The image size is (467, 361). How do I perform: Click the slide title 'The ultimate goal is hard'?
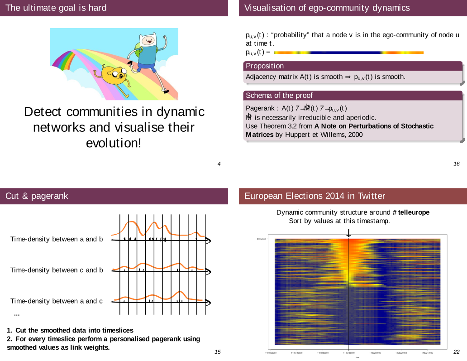tap(56, 8)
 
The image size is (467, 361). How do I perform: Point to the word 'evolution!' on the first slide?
tap(114, 143)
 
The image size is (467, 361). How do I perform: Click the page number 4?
tap(219, 164)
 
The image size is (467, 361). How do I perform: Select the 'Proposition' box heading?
tap(265, 66)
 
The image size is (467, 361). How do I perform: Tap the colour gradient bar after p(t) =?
tap(348, 53)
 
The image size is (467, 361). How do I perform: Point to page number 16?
tap(456, 164)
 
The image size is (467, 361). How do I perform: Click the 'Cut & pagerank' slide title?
tap(37, 196)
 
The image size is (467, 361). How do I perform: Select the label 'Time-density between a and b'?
tap(57, 239)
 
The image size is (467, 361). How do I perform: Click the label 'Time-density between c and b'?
tap(57, 270)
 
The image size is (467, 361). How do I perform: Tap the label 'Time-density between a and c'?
tap(57, 301)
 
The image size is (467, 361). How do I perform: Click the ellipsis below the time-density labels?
tap(17, 313)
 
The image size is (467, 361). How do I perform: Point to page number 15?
tap(218, 351)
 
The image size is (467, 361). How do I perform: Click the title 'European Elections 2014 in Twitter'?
tap(315, 196)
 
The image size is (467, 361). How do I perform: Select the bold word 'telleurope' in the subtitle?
tap(414, 212)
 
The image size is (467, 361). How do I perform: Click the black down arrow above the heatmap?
tap(348, 232)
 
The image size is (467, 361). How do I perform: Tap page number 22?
tap(456, 351)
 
